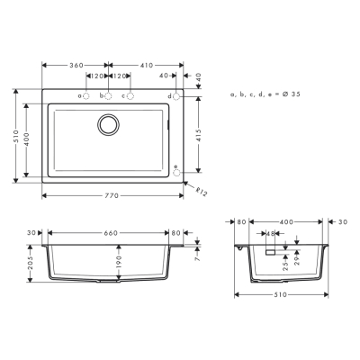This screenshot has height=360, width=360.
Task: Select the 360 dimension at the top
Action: click(x=75, y=66)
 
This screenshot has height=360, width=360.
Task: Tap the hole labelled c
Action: click(x=130, y=95)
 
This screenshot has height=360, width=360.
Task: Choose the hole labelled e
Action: click(x=176, y=168)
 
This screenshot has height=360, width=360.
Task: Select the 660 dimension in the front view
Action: click(x=112, y=233)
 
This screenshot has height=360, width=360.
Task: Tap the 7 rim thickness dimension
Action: click(x=194, y=257)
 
